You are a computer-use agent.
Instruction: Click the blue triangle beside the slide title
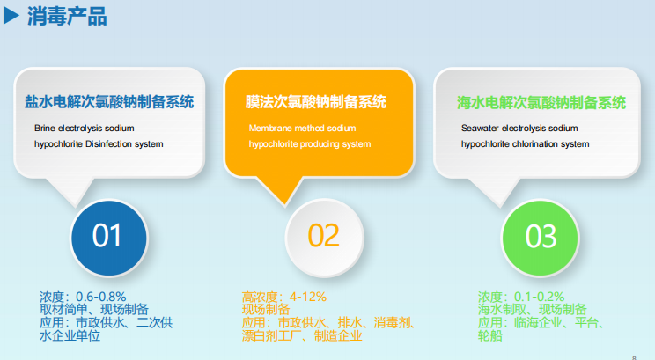[x=11, y=16]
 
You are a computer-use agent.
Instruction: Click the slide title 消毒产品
[x=67, y=17]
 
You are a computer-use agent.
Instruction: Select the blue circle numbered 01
[x=108, y=238]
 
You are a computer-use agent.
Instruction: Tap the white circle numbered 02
[x=325, y=238]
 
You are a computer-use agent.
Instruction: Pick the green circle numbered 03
[x=541, y=238]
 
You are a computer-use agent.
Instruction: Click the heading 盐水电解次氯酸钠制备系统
[x=109, y=102]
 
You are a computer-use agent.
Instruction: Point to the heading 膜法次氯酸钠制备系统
[x=316, y=102]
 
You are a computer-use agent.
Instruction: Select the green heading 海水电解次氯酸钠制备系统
[x=541, y=103]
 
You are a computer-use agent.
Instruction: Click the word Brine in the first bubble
[x=45, y=129]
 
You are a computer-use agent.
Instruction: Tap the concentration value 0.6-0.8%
[x=100, y=297]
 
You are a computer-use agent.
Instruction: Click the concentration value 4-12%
[x=308, y=297]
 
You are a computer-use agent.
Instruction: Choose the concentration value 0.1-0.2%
[x=539, y=297]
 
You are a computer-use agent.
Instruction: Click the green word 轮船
[x=490, y=335]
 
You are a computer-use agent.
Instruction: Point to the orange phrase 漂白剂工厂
[x=271, y=335]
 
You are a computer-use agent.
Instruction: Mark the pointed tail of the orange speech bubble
[x=285, y=204]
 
